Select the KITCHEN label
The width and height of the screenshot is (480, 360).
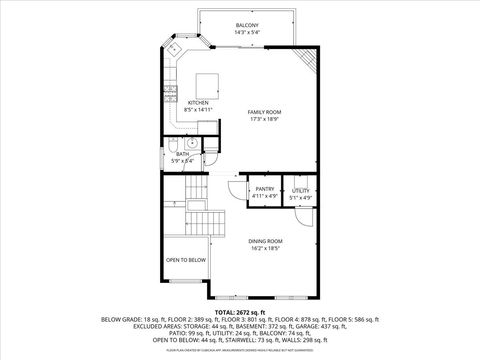pos(198,102)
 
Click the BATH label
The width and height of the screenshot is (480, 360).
pos(182,154)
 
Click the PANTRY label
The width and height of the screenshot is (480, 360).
pos(265,189)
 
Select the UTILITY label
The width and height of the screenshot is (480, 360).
pos(301,190)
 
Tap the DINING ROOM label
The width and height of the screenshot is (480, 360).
pos(266,241)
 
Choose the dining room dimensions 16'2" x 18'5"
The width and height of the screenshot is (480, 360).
pos(266,249)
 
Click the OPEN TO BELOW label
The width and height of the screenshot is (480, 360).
pos(186,259)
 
